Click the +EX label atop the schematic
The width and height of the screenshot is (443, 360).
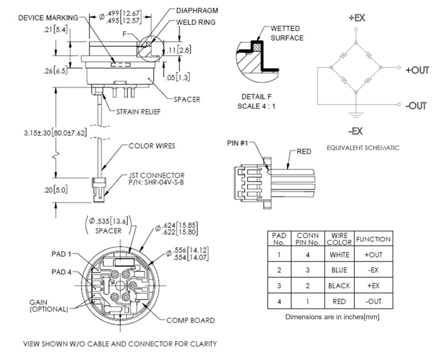tap(356, 18)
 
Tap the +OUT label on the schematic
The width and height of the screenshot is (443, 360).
tap(417, 70)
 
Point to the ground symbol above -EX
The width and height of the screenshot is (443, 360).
tap(356, 114)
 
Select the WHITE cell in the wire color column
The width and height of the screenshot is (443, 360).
tap(339, 255)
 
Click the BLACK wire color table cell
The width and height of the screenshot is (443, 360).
tap(339, 286)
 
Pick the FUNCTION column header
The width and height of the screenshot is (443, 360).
tap(373, 239)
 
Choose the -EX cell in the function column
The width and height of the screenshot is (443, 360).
tap(373, 270)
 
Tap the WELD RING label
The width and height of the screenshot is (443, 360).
tap(196, 22)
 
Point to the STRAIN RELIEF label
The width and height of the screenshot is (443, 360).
tap(138, 112)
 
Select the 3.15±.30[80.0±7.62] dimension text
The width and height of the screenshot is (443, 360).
tap(55, 133)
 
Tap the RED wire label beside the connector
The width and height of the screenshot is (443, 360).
tap(304, 151)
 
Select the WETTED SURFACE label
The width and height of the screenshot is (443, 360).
tap(287, 33)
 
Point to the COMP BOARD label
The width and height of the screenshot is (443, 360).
tap(190, 320)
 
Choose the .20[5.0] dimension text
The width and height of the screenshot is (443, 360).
tap(55, 190)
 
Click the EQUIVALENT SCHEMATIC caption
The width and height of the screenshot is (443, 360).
tap(363, 148)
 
